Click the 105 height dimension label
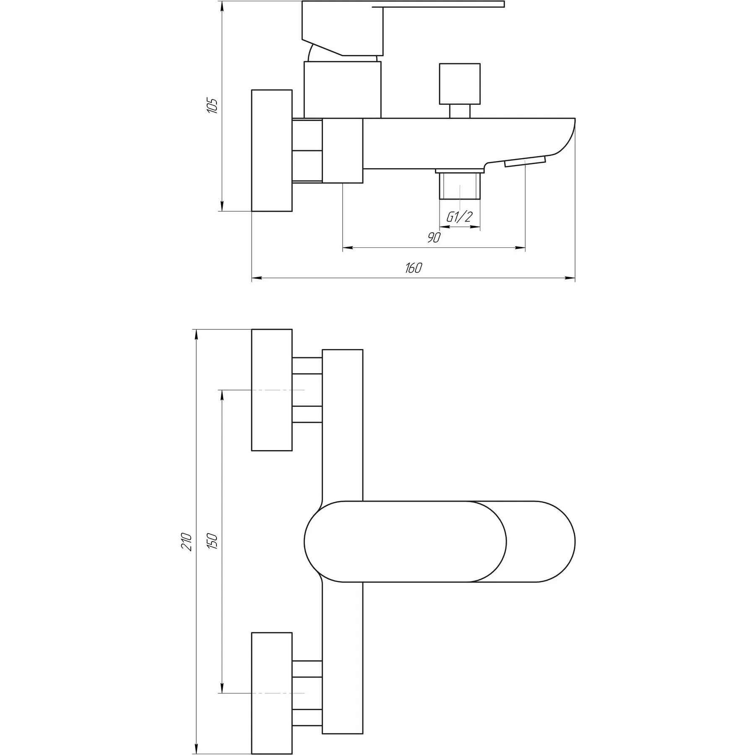(x=213, y=106)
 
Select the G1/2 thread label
(x=459, y=217)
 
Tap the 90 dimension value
(x=434, y=237)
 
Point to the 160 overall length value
(x=414, y=268)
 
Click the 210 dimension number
(x=187, y=542)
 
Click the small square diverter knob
(x=460, y=84)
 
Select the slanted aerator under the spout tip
(x=525, y=161)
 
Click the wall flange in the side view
(x=272, y=150)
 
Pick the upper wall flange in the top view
(x=272, y=390)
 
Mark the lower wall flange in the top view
(x=272, y=693)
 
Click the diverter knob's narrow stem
(x=460, y=111)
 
